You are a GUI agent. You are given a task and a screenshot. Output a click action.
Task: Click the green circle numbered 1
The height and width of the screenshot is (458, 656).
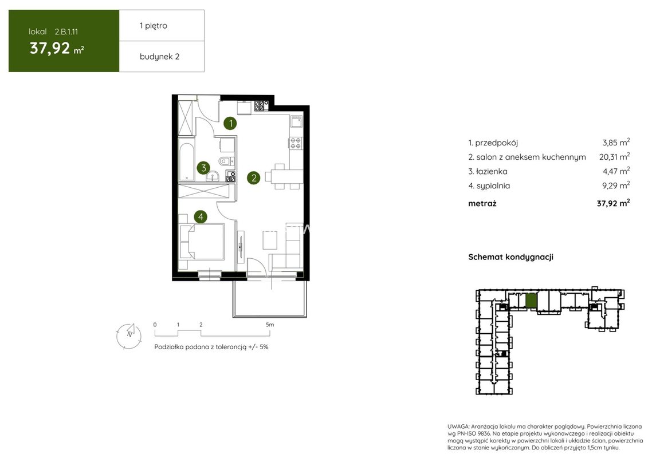(230, 123)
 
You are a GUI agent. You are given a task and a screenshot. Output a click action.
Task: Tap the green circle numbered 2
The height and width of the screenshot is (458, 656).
(254, 178)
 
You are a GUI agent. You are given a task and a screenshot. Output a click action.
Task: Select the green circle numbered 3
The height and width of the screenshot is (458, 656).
(203, 168)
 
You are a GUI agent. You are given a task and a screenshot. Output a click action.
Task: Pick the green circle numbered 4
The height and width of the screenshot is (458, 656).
(201, 217)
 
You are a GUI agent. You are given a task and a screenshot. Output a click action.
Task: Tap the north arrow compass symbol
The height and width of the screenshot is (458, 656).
(129, 336)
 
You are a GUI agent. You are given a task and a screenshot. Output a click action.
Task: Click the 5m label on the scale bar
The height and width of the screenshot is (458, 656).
(270, 324)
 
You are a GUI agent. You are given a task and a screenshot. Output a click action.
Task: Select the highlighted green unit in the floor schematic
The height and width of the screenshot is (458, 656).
(531, 301)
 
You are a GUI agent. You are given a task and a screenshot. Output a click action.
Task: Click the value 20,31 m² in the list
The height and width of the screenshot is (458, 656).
(614, 157)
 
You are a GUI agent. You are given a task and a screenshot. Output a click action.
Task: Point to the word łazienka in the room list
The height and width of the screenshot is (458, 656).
(492, 171)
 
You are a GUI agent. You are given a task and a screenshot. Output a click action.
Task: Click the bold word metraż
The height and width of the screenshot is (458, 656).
(482, 204)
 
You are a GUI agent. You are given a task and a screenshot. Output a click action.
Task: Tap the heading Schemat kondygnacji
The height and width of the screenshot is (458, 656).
(511, 257)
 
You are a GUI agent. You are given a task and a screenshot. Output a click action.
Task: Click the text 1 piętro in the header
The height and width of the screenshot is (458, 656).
(154, 26)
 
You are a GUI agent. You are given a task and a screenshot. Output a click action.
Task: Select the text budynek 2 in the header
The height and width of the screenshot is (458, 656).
(159, 57)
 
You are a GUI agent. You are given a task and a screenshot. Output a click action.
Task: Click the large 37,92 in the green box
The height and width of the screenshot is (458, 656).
(50, 49)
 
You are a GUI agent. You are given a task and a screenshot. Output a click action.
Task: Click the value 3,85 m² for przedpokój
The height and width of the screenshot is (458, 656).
(616, 143)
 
